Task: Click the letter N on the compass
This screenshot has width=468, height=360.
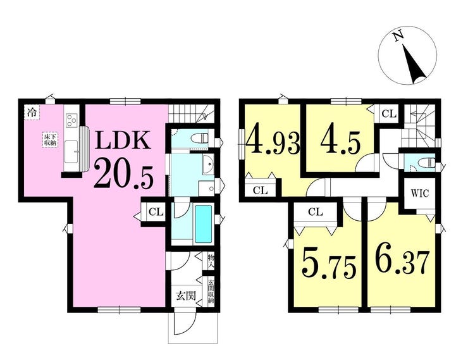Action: [398, 37]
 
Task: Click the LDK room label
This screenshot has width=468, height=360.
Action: [122, 140]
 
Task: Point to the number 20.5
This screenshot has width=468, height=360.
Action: [124, 175]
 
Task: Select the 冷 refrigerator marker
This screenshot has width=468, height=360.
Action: [32, 113]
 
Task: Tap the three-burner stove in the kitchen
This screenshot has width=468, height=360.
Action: [71, 120]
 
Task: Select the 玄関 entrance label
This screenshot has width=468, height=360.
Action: [186, 295]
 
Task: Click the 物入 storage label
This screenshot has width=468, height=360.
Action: [211, 261]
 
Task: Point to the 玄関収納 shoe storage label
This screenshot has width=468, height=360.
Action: [211, 292]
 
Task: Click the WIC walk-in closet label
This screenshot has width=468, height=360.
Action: [420, 193]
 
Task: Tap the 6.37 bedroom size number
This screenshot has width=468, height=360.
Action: [402, 263]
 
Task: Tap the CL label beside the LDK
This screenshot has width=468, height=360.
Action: [156, 212]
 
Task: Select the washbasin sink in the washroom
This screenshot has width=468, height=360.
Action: [208, 164]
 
